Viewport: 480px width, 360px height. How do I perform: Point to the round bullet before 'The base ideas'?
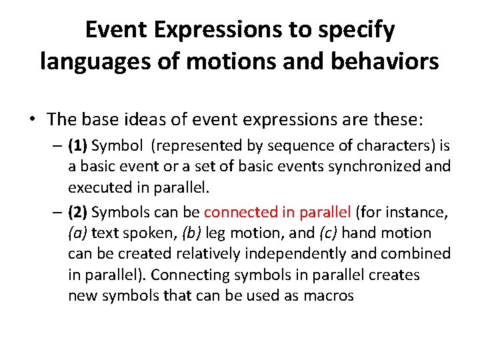tap(31, 120)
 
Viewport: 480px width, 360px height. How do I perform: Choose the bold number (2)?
tap(78, 213)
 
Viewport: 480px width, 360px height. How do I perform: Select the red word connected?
tap(237, 213)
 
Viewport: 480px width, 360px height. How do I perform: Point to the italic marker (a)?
tap(78, 233)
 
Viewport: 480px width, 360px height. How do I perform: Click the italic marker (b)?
tap(193, 233)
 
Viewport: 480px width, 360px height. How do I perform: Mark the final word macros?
tap(328, 296)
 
